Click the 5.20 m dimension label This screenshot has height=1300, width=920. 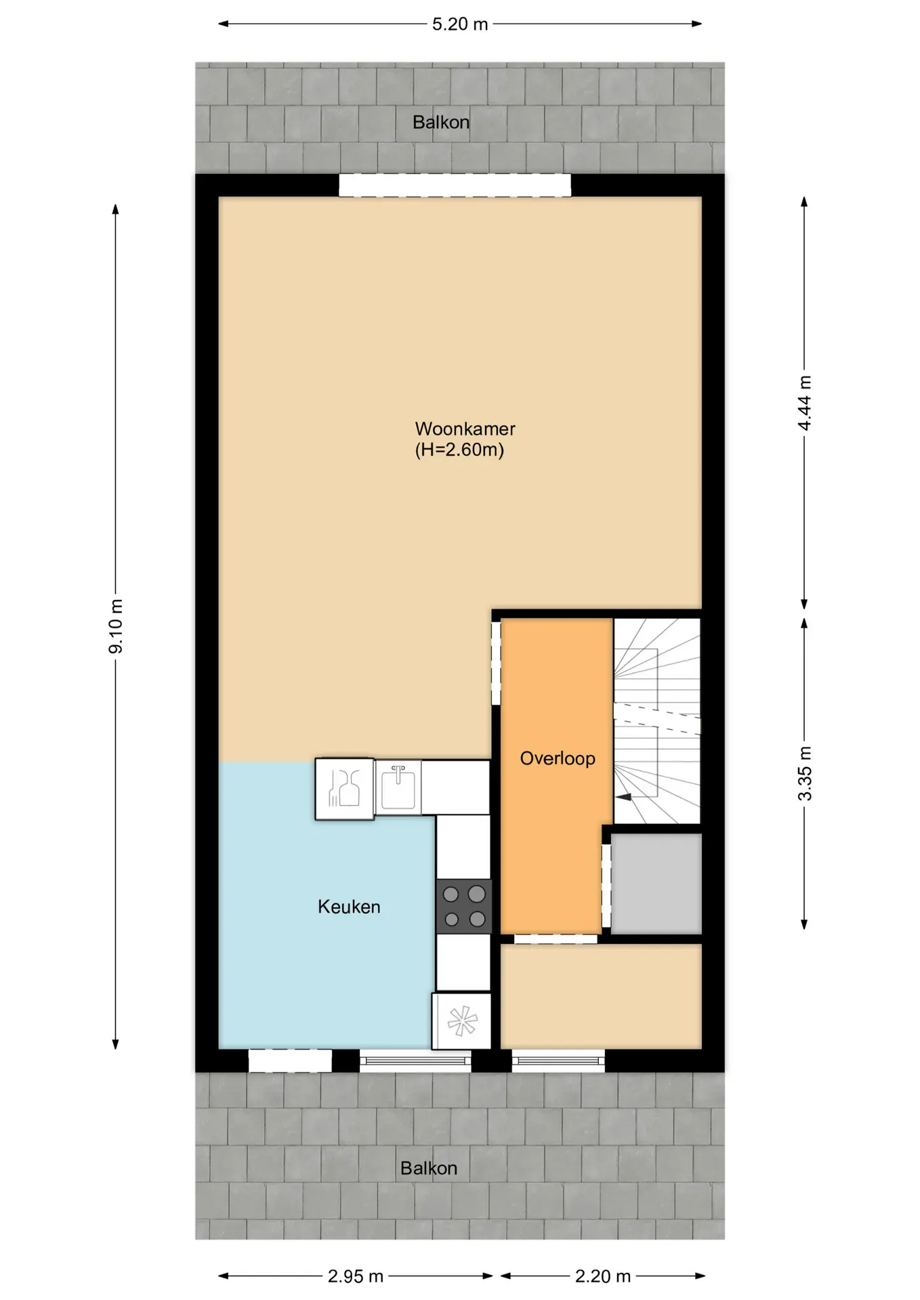460,24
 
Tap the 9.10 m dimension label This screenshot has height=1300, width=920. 116,626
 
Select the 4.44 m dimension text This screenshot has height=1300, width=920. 804,403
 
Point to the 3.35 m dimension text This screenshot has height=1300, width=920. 804,773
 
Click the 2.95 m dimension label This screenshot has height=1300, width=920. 356,1276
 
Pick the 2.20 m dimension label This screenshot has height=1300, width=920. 603,1276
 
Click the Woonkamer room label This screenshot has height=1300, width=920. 465,429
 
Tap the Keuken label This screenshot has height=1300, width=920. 349,907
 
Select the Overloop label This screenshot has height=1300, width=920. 558,758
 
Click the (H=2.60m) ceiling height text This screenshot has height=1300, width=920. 459,450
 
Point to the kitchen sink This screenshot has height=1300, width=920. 398,787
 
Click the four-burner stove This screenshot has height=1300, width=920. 463,906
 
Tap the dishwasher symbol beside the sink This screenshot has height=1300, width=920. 345,789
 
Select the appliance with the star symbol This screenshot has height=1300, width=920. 461,1021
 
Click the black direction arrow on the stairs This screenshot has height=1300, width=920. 623,797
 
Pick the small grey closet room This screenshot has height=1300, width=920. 656,883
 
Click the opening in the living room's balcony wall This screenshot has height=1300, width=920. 455,186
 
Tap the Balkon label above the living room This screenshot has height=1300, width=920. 441,123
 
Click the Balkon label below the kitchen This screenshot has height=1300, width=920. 429,1168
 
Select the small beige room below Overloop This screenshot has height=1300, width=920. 601,996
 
